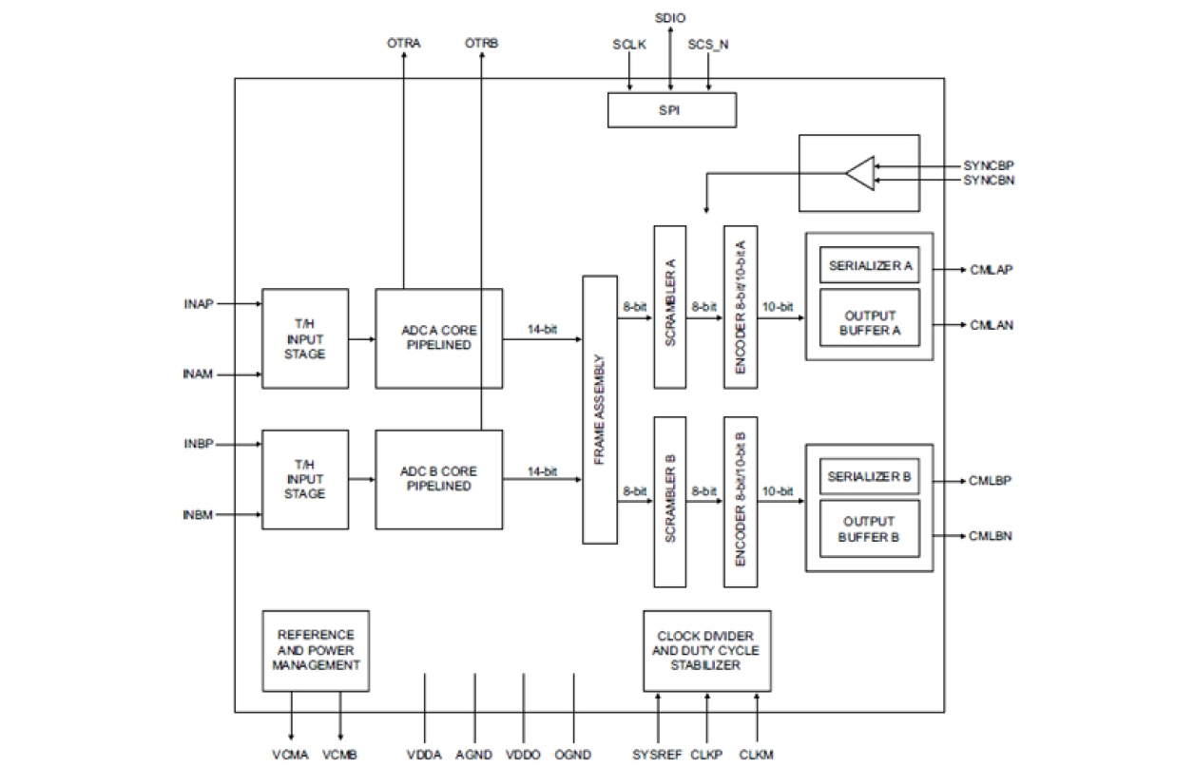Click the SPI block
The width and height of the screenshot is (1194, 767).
(x=671, y=110)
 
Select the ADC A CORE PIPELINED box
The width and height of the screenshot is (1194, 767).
(x=438, y=337)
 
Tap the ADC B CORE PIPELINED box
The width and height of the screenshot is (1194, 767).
(x=438, y=479)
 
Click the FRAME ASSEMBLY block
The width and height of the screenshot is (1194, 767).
(x=600, y=410)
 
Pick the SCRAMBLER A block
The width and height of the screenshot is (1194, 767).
(x=669, y=305)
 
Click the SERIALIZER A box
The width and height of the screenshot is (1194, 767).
(x=870, y=266)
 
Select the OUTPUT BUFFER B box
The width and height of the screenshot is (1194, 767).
(x=870, y=528)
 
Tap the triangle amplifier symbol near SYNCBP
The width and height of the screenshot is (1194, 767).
(x=858, y=174)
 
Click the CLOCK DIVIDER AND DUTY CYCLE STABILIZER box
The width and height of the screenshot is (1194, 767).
(x=706, y=650)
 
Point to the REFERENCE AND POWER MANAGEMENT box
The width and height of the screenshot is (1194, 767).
(x=316, y=650)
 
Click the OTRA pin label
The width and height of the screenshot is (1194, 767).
(x=404, y=44)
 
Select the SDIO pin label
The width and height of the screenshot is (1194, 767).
(x=670, y=18)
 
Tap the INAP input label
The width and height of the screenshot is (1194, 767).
(x=199, y=304)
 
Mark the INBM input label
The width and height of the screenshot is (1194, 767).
(x=198, y=515)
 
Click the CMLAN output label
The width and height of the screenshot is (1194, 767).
(x=992, y=325)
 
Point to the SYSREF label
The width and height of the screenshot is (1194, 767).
(x=657, y=755)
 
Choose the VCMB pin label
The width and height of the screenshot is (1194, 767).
(x=339, y=755)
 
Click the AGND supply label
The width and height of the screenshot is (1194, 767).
(x=473, y=755)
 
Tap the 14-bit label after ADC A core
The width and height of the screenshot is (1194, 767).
(x=542, y=330)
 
